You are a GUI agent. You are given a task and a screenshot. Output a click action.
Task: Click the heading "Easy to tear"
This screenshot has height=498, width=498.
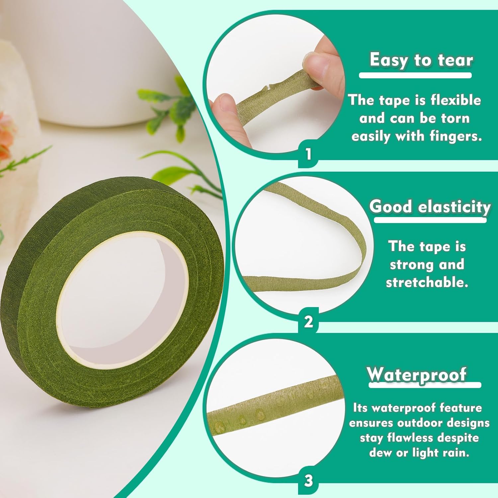tap(421, 60)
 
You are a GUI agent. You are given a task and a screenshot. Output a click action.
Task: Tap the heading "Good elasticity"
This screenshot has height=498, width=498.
tap(430, 207)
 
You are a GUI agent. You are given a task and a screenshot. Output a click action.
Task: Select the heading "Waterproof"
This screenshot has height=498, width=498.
tap(417, 375)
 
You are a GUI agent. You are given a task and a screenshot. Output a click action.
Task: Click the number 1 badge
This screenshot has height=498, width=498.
tap(308, 154)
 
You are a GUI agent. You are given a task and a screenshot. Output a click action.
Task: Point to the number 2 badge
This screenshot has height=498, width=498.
tap(308, 321)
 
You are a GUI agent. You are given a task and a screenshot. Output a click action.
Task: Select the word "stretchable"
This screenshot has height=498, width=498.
tap(427, 282)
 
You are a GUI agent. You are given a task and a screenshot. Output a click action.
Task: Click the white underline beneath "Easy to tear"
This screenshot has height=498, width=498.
tap(415, 76)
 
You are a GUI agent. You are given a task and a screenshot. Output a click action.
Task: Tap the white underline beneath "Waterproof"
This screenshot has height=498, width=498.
tap(425, 385)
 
